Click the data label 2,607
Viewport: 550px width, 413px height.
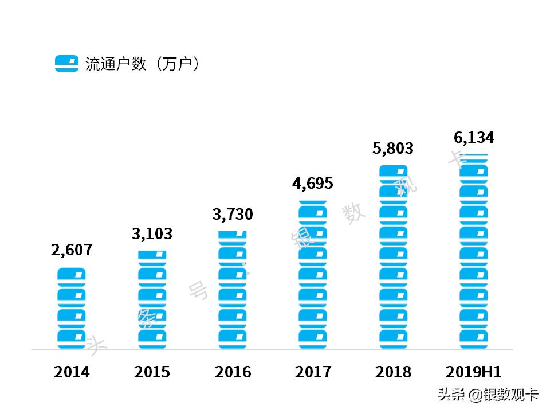coord(72,250)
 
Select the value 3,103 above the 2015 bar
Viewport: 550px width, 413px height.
coord(152,234)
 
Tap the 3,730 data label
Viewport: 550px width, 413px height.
coord(233,215)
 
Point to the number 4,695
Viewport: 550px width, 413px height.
coord(313,184)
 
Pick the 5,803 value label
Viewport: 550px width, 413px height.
coord(393,149)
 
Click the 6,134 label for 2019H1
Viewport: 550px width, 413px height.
coord(474,138)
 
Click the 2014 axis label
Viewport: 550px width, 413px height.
coord(72,372)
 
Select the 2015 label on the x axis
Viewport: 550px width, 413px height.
coord(152,372)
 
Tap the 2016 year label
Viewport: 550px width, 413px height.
coord(233,372)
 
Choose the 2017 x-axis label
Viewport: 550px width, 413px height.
coord(313,372)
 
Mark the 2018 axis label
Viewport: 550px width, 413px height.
coord(393,372)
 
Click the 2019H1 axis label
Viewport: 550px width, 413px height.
coord(474,372)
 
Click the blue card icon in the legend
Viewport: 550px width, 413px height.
coord(66,63)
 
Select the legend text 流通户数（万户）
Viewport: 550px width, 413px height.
coord(143,64)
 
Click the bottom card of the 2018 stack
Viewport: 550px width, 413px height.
coord(393,338)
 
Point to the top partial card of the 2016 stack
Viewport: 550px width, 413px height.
coord(233,235)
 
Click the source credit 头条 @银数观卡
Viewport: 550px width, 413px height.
coord(488,395)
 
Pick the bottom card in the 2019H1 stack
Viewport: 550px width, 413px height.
coord(474,338)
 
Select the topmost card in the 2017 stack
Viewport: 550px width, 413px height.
coord(313,211)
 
